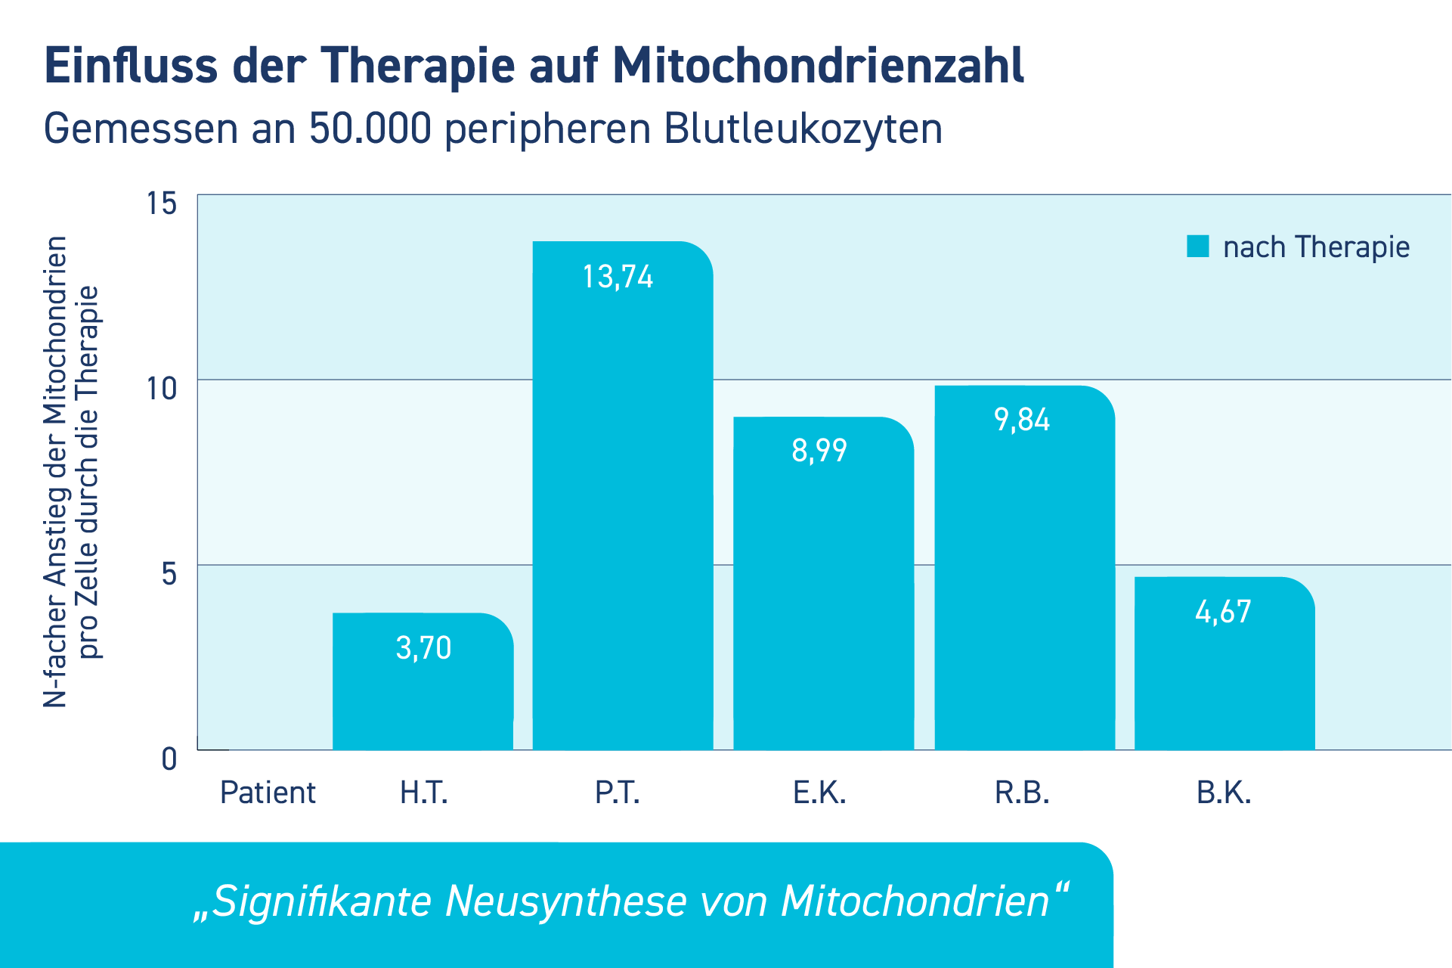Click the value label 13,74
[x=618, y=277]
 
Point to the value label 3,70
[x=423, y=648]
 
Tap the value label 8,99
[x=819, y=451]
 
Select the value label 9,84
[x=1022, y=420]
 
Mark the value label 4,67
[x=1223, y=612]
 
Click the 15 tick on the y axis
[x=161, y=203]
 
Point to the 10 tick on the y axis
[x=161, y=389]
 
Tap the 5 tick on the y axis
[x=169, y=573]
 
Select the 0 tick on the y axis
[x=169, y=759]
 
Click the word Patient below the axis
[x=268, y=793]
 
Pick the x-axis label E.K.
[x=819, y=793]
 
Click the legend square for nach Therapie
[x=1197, y=247]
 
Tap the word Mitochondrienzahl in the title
[x=818, y=66]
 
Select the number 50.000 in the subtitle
[x=370, y=129]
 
